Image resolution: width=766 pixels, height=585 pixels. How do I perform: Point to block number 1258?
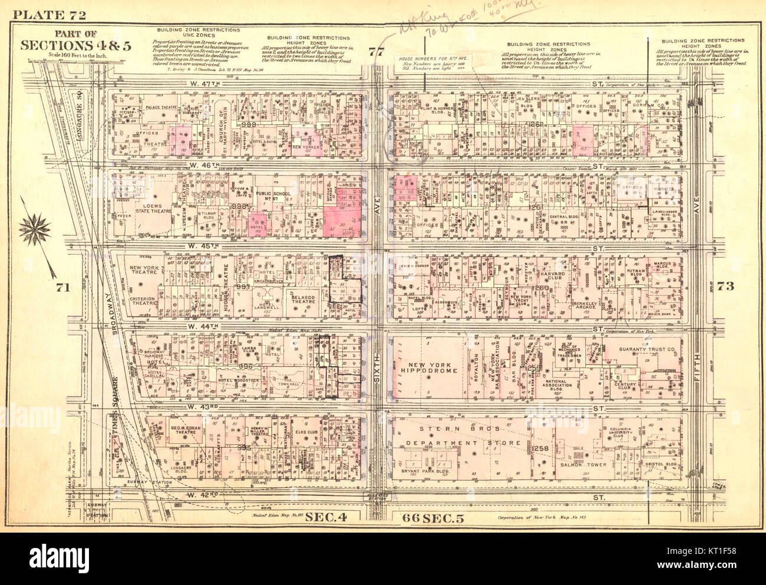pyautogui.click(x=540, y=449)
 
